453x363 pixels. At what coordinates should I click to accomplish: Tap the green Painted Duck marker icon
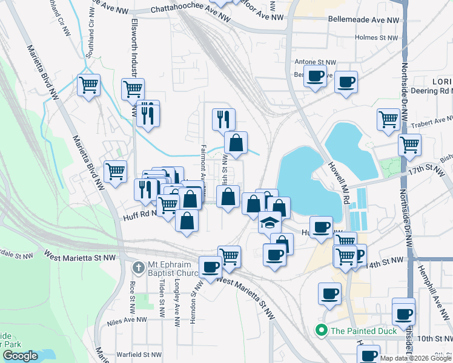point(320,330)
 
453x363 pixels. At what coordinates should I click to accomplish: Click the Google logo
point(20,356)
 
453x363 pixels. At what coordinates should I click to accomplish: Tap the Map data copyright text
point(415,358)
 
